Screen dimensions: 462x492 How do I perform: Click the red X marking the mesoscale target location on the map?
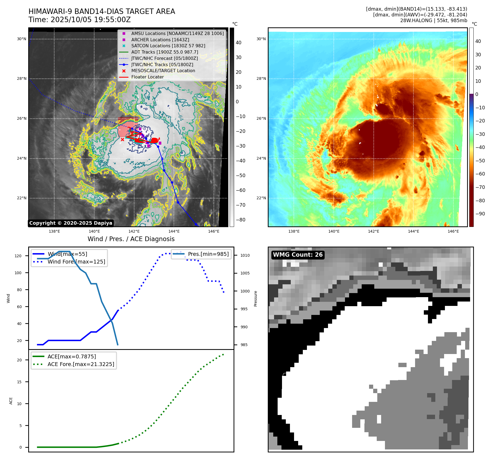(122, 139)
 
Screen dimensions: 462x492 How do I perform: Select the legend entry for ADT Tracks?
(165, 52)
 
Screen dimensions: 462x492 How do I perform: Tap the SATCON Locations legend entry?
(168, 46)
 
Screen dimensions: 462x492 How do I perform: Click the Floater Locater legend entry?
(147, 77)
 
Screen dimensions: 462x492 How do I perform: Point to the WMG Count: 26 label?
(298, 255)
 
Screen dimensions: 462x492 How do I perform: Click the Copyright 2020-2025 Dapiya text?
(71, 223)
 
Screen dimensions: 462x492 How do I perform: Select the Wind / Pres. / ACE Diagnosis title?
(131, 239)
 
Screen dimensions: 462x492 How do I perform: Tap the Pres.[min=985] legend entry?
(208, 254)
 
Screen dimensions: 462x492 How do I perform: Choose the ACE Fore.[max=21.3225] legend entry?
(81, 364)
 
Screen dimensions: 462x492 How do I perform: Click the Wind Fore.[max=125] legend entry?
(76, 262)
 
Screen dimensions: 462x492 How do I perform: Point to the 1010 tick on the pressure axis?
(245, 255)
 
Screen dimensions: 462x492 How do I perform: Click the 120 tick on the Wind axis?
(18, 256)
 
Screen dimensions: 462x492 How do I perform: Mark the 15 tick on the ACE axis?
(19, 382)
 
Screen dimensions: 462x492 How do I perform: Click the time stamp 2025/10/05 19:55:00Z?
(91, 20)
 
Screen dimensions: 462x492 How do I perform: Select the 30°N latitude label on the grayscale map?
(22, 39)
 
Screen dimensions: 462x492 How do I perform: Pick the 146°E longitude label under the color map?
(453, 231)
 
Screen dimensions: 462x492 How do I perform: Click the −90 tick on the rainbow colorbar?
(480, 214)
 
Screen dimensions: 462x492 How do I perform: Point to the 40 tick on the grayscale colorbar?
(238, 43)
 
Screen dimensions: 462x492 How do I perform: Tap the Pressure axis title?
(255, 299)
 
